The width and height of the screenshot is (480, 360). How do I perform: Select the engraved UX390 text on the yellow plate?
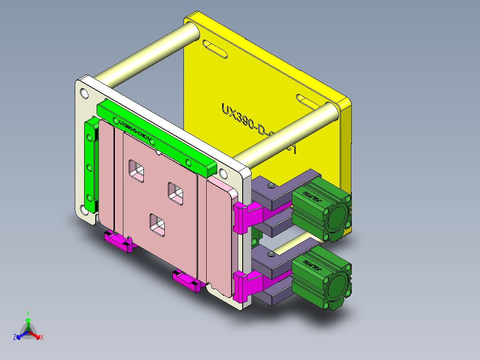pos(249,123)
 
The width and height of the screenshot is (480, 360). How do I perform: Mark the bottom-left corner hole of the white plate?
pos(84,209)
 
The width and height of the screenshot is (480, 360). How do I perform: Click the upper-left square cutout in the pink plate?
pos(137,171)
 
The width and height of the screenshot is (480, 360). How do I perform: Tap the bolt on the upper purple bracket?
pos(270,184)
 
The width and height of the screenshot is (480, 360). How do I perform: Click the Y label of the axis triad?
pos(28,313)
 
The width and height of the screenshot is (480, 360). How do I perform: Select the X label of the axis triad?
pos(42,337)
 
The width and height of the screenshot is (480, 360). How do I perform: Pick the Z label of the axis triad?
pos(15,337)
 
